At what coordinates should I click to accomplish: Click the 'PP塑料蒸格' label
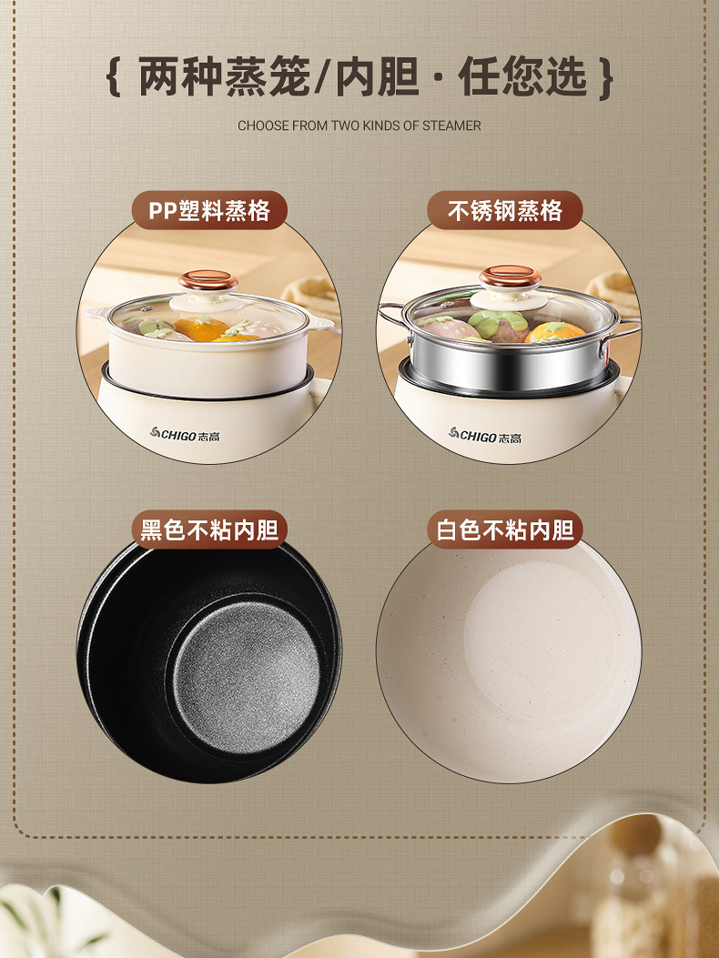(x=209, y=210)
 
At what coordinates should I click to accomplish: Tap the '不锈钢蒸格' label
(x=504, y=210)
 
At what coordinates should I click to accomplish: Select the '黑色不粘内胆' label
(x=209, y=529)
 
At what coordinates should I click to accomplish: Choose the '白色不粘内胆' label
(x=504, y=529)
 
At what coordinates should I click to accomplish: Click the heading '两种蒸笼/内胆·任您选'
(x=359, y=77)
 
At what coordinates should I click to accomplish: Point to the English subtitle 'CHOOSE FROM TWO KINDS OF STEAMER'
(x=359, y=126)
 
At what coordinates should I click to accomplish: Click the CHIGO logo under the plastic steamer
(x=185, y=435)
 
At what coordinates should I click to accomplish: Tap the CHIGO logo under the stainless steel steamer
(x=485, y=435)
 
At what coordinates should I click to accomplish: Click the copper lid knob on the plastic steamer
(x=208, y=281)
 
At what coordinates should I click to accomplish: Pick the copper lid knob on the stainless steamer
(x=510, y=277)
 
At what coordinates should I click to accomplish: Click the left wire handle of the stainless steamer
(x=392, y=316)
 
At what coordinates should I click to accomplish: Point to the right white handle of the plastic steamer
(x=321, y=323)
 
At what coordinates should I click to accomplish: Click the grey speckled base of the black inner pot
(x=246, y=678)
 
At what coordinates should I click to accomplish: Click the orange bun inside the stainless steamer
(x=554, y=332)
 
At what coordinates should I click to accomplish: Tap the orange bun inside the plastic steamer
(x=202, y=328)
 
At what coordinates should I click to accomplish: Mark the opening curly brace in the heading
(x=114, y=77)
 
